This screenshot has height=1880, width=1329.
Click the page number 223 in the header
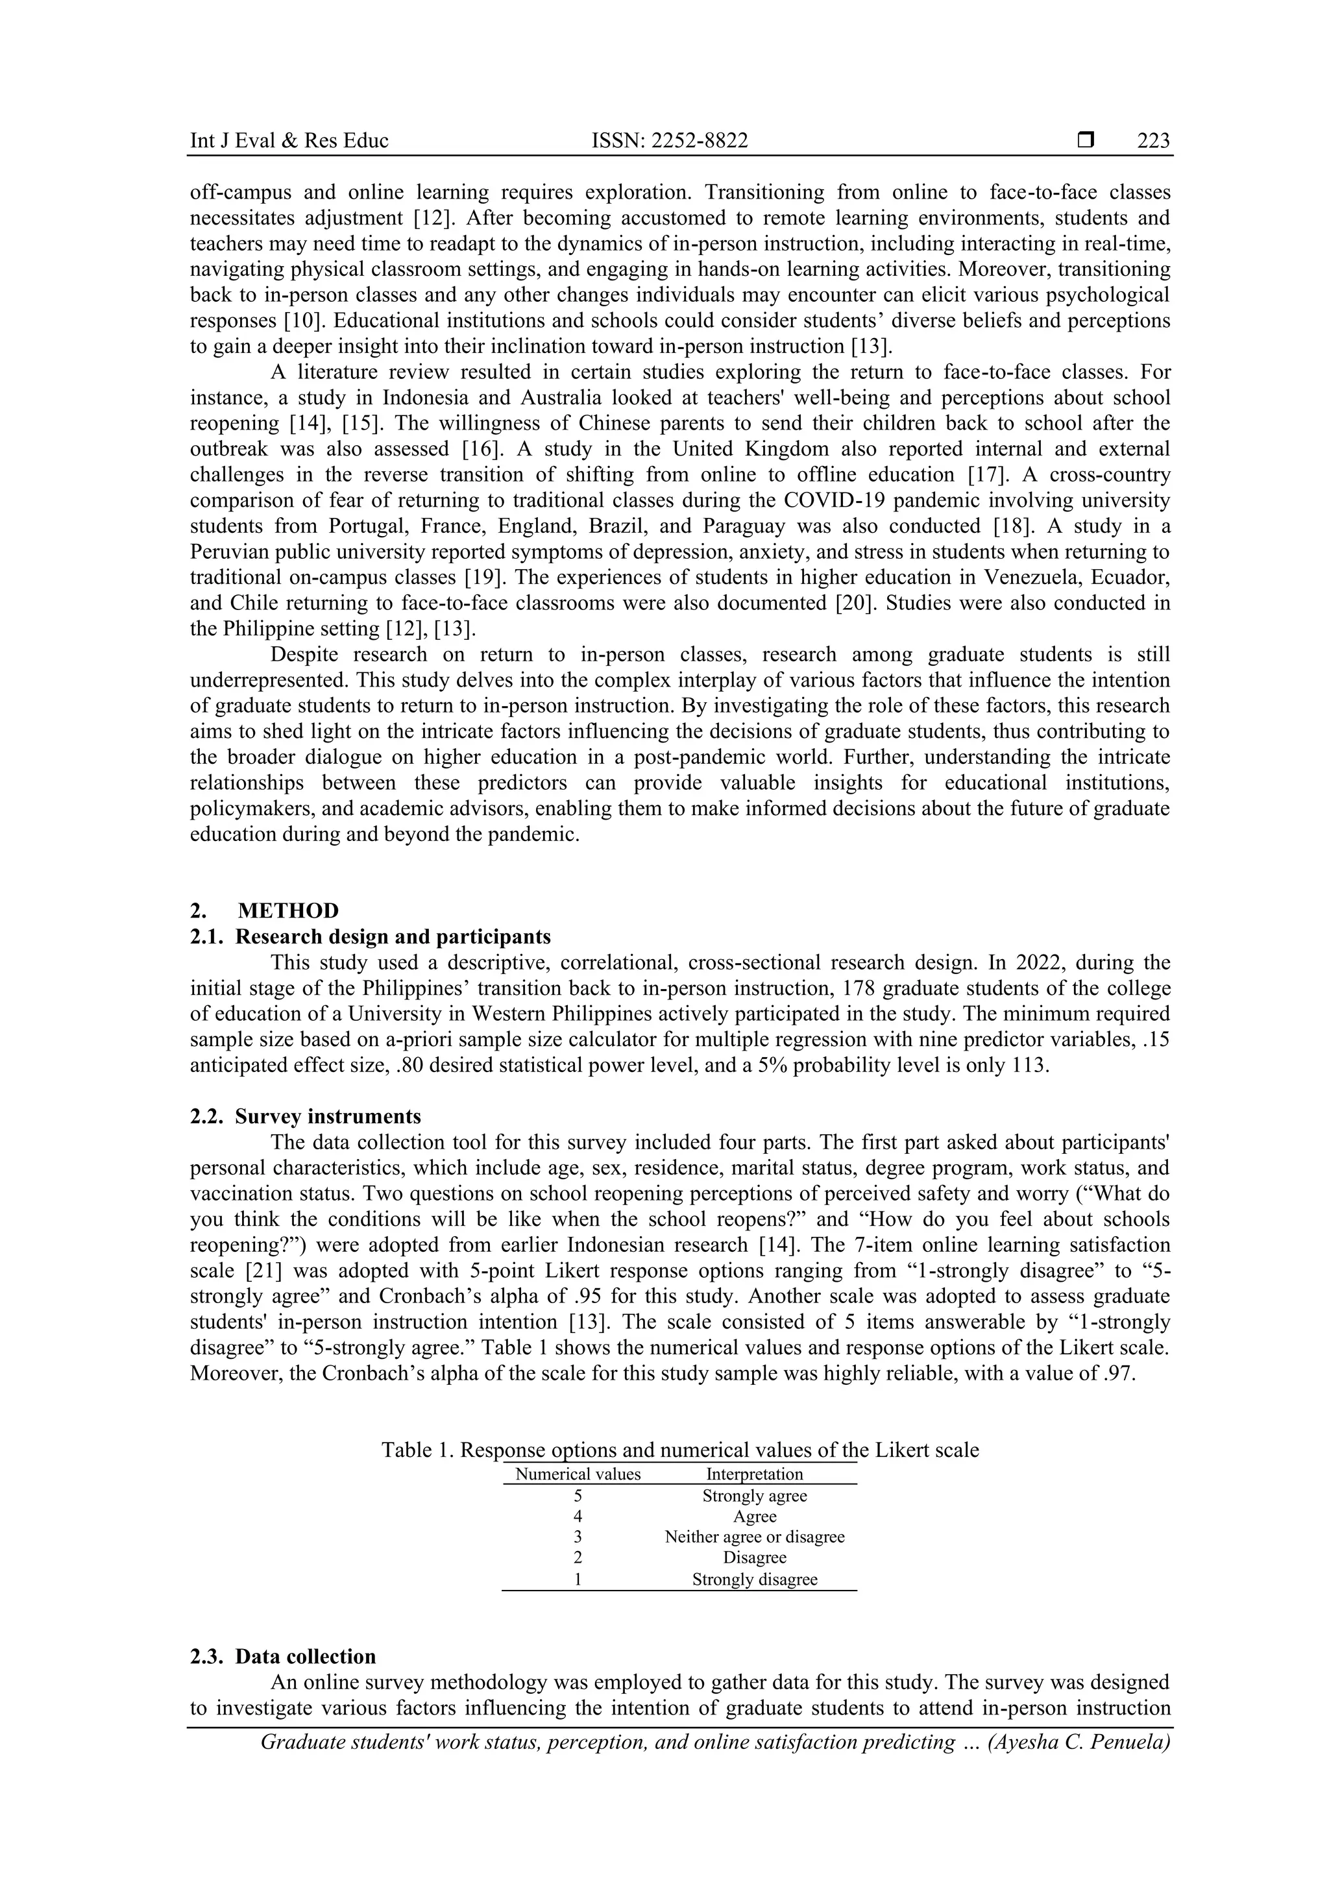pos(1153,141)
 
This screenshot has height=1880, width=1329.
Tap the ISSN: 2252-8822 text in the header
pos(670,141)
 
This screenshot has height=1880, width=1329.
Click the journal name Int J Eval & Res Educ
pos(289,141)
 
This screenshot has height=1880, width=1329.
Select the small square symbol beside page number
pos(1086,141)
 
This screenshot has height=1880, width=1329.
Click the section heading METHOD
pos(288,910)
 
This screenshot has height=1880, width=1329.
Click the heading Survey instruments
pos(328,1116)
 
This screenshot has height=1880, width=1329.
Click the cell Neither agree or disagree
pos(754,1537)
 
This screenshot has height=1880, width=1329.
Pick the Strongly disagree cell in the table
pos(754,1580)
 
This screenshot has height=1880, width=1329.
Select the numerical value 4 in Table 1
pos(578,1517)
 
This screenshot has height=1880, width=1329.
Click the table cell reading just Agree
pos(754,1517)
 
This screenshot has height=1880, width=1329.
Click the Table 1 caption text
pos(679,1450)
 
